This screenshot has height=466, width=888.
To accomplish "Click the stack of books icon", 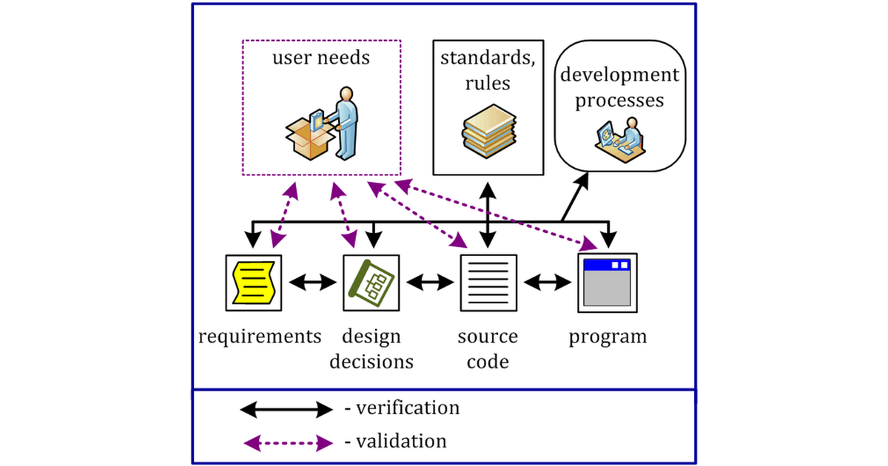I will pos(488,130).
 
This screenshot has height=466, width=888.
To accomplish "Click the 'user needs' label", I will pos(321,58).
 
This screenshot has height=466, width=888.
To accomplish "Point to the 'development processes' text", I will pos(619,87).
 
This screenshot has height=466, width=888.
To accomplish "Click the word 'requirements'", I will pos(260,337).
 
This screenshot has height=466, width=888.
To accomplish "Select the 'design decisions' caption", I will pos(371,349).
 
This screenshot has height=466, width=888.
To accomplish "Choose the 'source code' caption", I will pos(488,349).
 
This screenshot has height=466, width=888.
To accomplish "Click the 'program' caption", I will pos(608,337).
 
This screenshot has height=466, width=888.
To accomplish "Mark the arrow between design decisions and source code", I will pos(430,282).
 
